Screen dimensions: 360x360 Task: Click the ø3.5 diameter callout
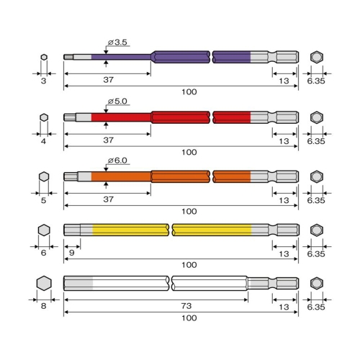pyautogui.click(x=117, y=42)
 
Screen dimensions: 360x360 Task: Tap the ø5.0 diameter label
pyautogui.click(x=117, y=102)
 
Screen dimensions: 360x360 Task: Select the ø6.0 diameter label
pyautogui.click(x=117, y=161)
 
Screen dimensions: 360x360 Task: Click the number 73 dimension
pyautogui.click(x=186, y=306)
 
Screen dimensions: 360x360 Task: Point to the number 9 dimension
pyautogui.click(x=71, y=253)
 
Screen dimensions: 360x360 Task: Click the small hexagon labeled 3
pyautogui.click(x=44, y=57)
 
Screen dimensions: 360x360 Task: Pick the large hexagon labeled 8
pyautogui.click(x=44, y=283)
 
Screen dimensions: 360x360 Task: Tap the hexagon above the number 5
pyautogui.click(x=44, y=176)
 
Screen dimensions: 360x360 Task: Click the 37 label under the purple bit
pyautogui.click(x=109, y=80)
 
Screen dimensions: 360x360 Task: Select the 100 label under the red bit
pyautogui.click(x=189, y=152)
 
